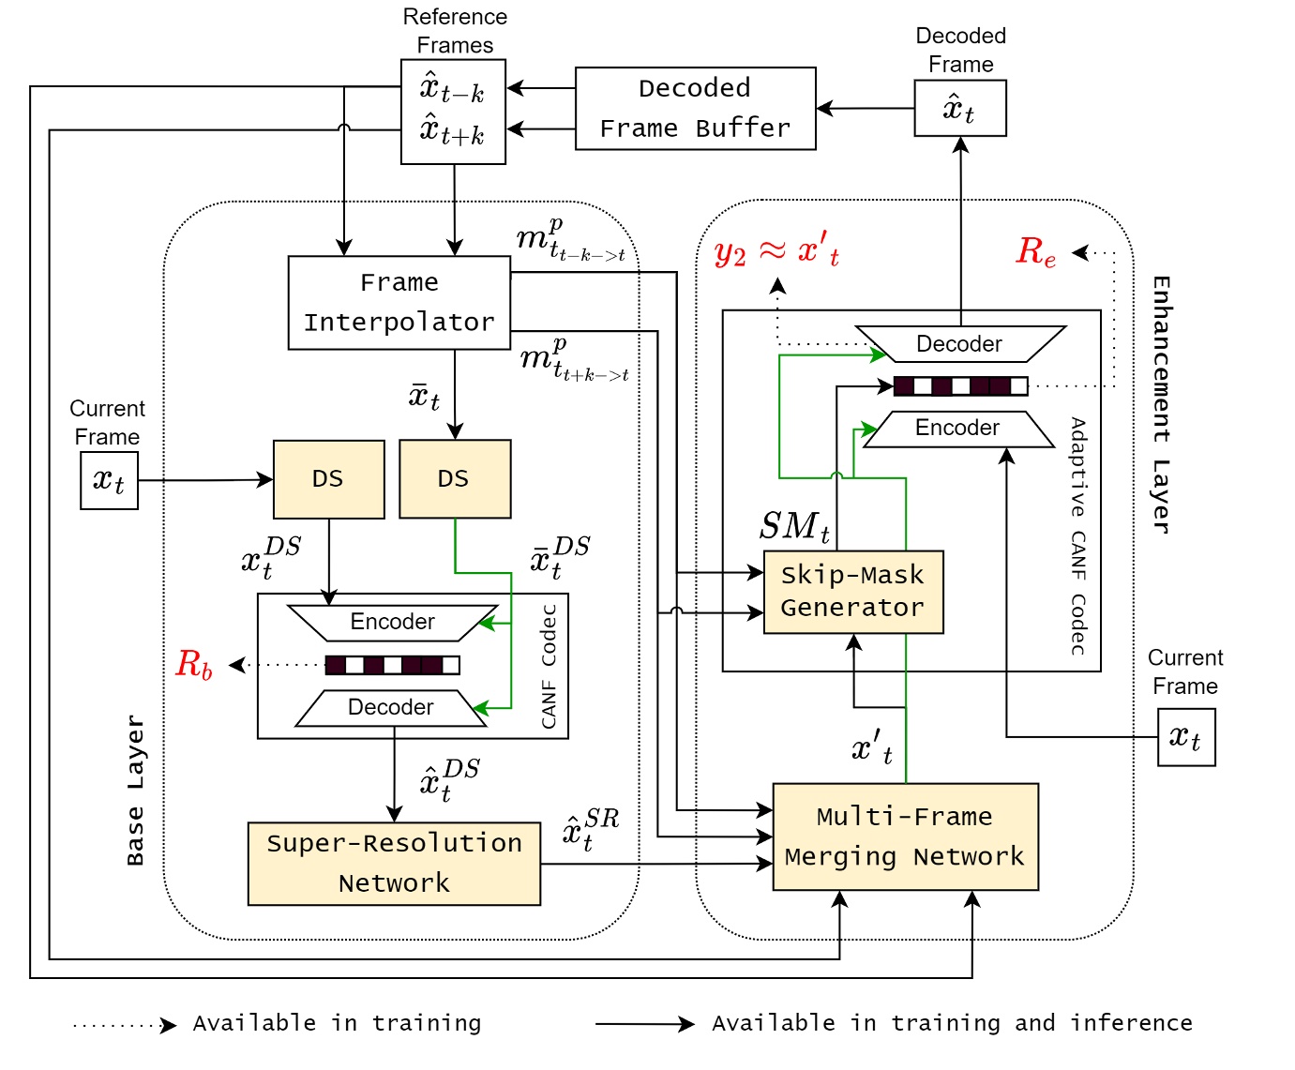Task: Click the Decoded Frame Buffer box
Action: [x=695, y=108]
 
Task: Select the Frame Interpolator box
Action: [x=399, y=303]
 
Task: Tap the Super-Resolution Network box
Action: [x=394, y=863]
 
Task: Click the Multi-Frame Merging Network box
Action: [x=905, y=836]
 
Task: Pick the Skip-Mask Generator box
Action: [x=852, y=592]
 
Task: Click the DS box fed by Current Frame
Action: [x=328, y=479]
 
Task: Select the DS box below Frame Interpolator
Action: [x=455, y=479]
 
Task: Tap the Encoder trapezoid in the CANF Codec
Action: [x=392, y=622]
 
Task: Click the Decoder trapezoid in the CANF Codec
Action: [x=391, y=707]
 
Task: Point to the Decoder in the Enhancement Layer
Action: [x=959, y=344]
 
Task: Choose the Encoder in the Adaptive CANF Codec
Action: [x=957, y=429]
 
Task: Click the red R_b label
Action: [x=194, y=664]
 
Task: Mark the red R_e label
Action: [x=1036, y=251]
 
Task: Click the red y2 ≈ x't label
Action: [x=776, y=251]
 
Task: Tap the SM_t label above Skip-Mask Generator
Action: [x=794, y=527]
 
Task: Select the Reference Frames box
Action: [x=453, y=112]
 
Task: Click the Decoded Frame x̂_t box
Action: [x=960, y=108]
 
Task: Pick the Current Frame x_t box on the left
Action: [x=109, y=480]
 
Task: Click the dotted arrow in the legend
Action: [x=125, y=1025]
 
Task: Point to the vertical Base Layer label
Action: [x=136, y=790]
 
